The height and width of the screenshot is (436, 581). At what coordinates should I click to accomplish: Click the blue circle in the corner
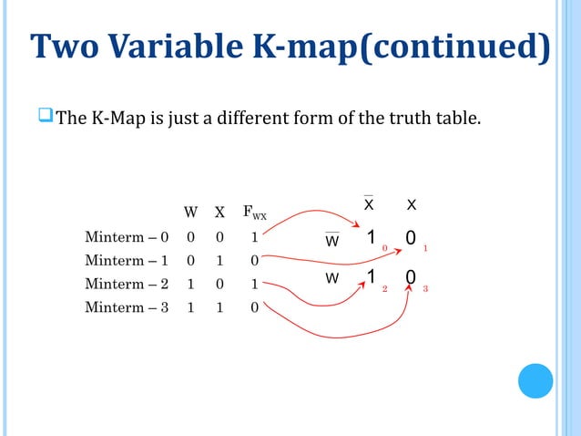pyautogui.click(x=535, y=380)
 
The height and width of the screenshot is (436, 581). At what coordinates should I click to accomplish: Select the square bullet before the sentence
pyautogui.click(x=46, y=117)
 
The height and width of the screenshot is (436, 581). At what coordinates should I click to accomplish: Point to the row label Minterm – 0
pyautogui.click(x=127, y=237)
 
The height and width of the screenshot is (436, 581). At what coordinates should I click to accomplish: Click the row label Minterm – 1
pyautogui.click(x=127, y=261)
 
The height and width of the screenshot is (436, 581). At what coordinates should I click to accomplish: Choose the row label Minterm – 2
pyautogui.click(x=127, y=284)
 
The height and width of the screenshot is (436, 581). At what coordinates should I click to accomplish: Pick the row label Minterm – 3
pyautogui.click(x=127, y=307)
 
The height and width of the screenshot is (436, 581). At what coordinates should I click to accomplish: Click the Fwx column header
pyautogui.click(x=254, y=214)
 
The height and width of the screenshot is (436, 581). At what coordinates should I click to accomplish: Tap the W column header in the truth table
pyautogui.click(x=191, y=213)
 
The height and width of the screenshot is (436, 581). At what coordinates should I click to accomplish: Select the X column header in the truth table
pyautogui.click(x=219, y=213)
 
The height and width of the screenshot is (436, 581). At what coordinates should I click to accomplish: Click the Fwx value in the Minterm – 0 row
pyautogui.click(x=255, y=237)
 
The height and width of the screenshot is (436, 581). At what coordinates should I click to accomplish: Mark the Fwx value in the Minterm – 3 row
pyautogui.click(x=255, y=307)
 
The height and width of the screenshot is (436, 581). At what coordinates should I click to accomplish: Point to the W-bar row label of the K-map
pyautogui.click(x=332, y=241)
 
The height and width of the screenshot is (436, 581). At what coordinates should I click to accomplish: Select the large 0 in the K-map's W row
pyautogui.click(x=411, y=277)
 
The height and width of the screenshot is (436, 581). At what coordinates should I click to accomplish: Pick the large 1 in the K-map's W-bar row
pyautogui.click(x=371, y=238)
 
